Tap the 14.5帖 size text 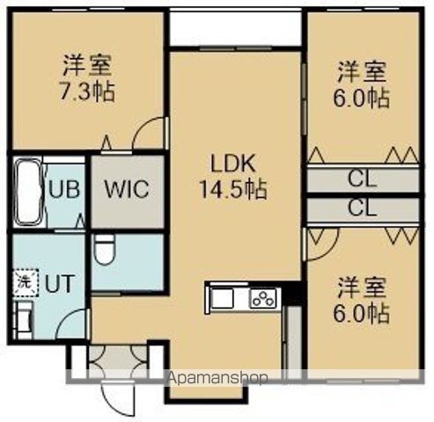[x=232, y=187]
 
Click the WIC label [x=128, y=189]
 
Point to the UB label [x=63, y=189]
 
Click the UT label [x=60, y=284]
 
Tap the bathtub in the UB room [x=28, y=191]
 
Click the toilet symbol [x=105, y=249]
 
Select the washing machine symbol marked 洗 [x=23, y=283]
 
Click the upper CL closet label [x=362, y=180]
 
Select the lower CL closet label [x=362, y=208]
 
